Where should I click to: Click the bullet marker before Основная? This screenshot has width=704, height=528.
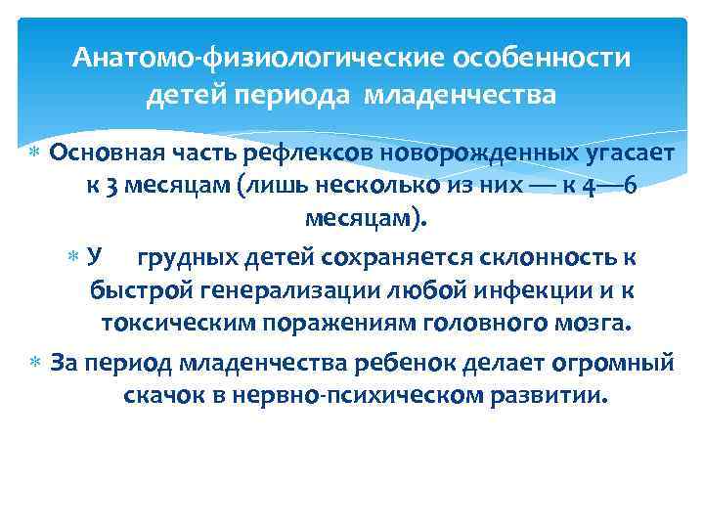pyautogui.click(x=36, y=154)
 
